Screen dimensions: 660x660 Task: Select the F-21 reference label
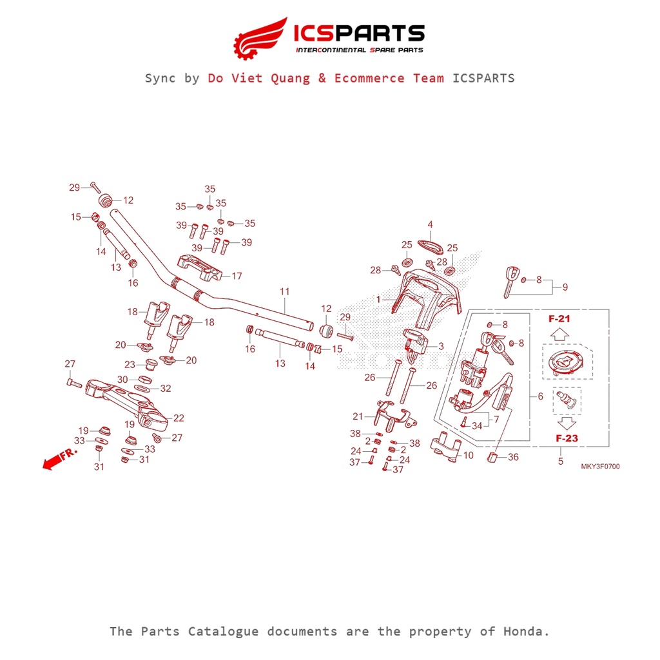[559, 319]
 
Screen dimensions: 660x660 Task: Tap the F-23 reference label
[567, 438]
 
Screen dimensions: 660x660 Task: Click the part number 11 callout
[284, 292]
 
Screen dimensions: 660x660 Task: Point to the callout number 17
[237, 276]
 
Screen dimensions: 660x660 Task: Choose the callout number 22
[179, 418]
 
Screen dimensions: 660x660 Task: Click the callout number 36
[513, 457]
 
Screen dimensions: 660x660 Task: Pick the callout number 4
[430, 224]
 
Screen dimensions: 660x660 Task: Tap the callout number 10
[469, 455]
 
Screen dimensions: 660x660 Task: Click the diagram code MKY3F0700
[599, 467]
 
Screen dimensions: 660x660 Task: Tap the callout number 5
[560, 461]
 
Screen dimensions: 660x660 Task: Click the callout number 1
[379, 299]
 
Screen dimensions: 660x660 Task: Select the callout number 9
[565, 286]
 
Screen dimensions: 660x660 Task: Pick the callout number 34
[477, 426]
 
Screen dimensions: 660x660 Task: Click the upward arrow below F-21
[559, 335]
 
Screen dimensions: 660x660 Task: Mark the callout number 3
[441, 347]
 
